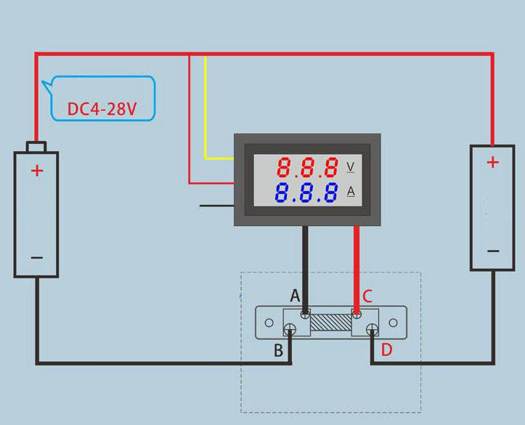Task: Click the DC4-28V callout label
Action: click(102, 109)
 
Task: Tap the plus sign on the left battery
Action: click(37, 171)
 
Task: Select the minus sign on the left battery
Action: click(37, 258)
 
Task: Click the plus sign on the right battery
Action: click(492, 163)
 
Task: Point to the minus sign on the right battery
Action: click(493, 251)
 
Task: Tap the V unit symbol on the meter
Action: click(351, 167)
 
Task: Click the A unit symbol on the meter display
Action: click(351, 192)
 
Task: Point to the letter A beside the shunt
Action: click(295, 296)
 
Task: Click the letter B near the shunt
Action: click(278, 351)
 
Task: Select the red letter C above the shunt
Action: click(367, 296)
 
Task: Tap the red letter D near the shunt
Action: click(386, 350)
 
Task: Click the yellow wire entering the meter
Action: click(206, 109)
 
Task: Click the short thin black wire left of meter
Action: click(216, 206)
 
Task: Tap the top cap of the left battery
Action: click(36, 147)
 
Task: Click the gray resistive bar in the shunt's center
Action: click(331, 323)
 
